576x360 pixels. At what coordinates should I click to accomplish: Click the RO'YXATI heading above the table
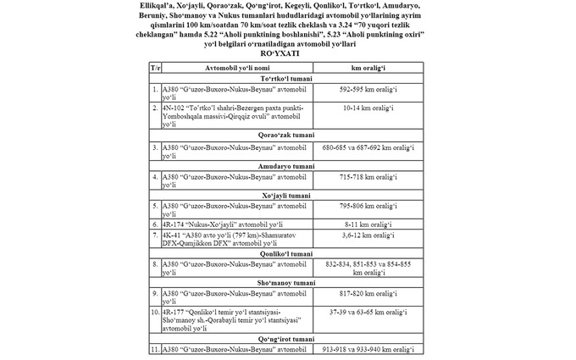[x=287, y=51]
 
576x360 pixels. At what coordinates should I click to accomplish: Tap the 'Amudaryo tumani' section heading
[x=287, y=166]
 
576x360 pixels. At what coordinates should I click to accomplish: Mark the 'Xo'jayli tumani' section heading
[x=287, y=196]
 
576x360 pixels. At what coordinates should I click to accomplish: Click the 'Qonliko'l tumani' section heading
[x=287, y=252]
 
